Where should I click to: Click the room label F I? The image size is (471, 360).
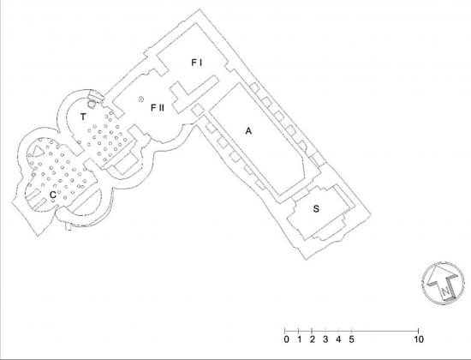(x=197, y=63)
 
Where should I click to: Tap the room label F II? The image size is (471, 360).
(x=158, y=107)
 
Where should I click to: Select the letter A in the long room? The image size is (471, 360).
(x=248, y=131)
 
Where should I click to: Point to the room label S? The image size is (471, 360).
(x=316, y=209)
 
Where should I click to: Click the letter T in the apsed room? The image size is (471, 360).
(x=83, y=117)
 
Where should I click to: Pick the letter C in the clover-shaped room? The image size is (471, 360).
(x=53, y=195)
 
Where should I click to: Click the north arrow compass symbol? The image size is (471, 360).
(x=444, y=284)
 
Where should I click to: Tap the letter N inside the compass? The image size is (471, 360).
(x=446, y=291)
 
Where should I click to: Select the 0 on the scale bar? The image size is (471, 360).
(x=287, y=339)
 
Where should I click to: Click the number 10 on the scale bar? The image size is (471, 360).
(x=419, y=339)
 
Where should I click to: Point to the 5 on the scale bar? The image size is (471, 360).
(x=351, y=339)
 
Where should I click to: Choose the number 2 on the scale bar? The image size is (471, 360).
(x=313, y=339)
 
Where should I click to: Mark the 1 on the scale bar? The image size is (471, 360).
(x=299, y=339)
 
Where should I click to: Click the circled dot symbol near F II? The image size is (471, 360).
(x=141, y=99)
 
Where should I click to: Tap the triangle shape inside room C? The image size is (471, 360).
(x=38, y=151)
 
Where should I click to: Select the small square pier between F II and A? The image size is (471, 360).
(x=198, y=110)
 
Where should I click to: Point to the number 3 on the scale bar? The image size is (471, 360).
(x=325, y=339)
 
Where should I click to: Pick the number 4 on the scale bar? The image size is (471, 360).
(x=338, y=339)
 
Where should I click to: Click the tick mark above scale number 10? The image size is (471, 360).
(x=419, y=331)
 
